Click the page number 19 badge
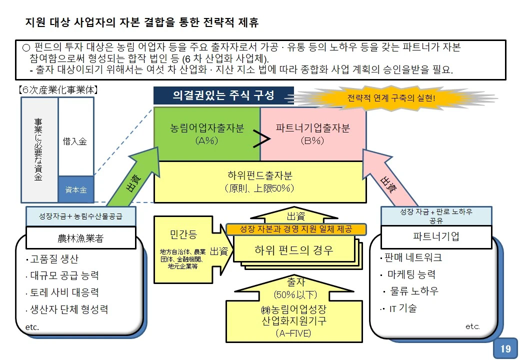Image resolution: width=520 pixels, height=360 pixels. (x=505, y=348)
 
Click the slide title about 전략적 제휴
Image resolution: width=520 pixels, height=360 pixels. (x=142, y=23)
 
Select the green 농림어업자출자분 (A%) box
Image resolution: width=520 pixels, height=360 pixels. (x=206, y=134)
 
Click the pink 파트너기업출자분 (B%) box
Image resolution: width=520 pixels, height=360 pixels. (x=313, y=134)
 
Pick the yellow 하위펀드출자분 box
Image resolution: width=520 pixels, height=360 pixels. (x=259, y=181)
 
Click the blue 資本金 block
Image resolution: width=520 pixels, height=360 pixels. (x=76, y=190)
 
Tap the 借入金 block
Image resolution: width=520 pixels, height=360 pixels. (x=76, y=141)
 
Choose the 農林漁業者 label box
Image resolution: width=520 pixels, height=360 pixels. (x=80, y=238)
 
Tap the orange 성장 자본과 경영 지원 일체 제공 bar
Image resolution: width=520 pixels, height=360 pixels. (x=296, y=229)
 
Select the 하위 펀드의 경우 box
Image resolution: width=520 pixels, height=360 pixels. (x=293, y=249)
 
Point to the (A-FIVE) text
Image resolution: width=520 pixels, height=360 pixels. (x=293, y=333)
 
